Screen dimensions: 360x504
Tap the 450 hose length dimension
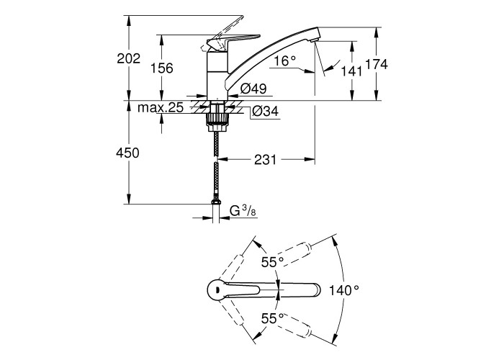pyautogui.click(x=128, y=153)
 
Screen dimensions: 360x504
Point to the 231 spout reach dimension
pyautogui.click(x=265, y=159)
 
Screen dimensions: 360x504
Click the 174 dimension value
pyautogui.click(x=377, y=64)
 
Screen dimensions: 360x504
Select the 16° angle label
pyautogui.click(x=285, y=61)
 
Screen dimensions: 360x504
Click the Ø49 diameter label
pyautogui.click(x=254, y=89)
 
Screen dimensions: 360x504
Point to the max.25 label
pyautogui.click(x=161, y=107)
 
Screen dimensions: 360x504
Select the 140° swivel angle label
pyautogui.click(x=344, y=290)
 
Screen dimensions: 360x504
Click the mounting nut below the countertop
pyautogui.click(x=215, y=115)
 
